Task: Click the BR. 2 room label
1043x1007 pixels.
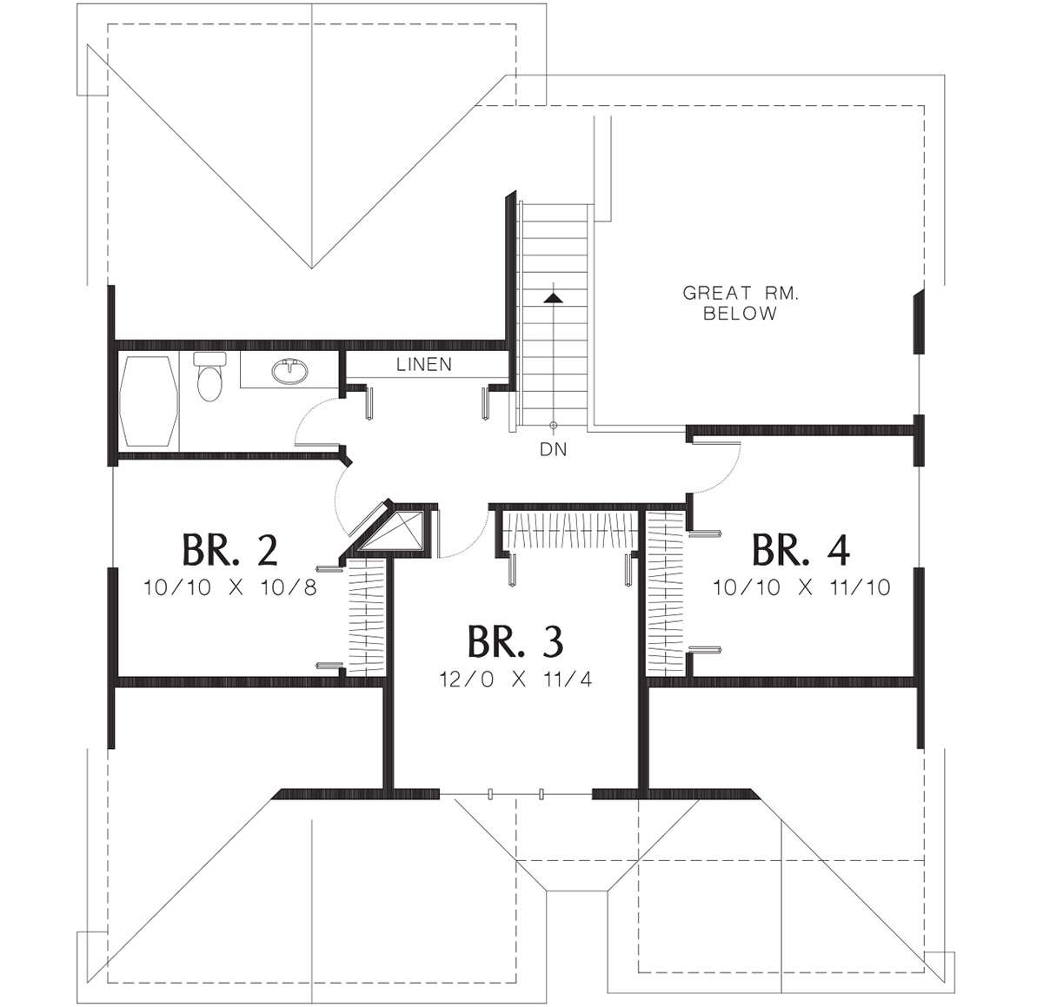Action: click(x=230, y=550)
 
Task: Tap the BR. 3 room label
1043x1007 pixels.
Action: click(x=515, y=641)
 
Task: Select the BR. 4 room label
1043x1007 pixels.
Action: click(x=801, y=550)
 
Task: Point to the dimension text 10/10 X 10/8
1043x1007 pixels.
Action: click(x=230, y=588)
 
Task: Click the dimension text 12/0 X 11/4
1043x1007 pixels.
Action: click(x=515, y=679)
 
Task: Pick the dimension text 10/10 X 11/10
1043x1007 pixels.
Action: click(x=801, y=588)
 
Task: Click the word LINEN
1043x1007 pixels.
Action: click(x=424, y=365)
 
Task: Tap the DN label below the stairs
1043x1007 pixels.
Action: click(x=553, y=449)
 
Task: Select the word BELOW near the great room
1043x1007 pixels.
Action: click(x=741, y=314)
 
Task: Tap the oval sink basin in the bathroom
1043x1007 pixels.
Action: click(x=290, y=372)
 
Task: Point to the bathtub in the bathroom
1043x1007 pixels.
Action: click(x=149, y=401)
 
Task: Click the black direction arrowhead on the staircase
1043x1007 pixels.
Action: click(x=553, y=298)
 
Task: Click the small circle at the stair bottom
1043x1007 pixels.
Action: click(x=553, y=425)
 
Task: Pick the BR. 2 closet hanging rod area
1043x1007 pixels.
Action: click(x=367, y=617)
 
